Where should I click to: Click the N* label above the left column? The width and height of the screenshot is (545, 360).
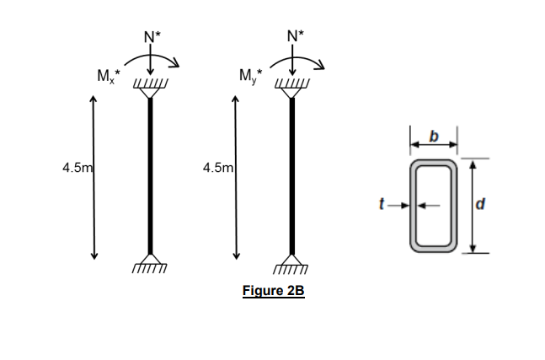(152, 36)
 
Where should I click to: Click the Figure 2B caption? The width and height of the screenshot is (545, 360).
(272, 292)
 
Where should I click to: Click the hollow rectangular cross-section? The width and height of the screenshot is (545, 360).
(434, 203)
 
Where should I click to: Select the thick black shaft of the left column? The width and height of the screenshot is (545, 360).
(150, 177)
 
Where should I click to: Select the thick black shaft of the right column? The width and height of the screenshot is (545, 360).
(292, 177)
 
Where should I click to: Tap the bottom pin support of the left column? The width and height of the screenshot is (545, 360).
(150, 262)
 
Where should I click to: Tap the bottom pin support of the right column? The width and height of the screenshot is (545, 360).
(292, 262)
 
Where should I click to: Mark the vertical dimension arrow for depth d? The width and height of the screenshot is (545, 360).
(473, 203)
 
